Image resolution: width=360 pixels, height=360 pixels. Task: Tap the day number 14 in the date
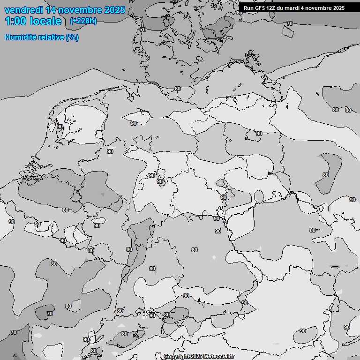pos(51,10)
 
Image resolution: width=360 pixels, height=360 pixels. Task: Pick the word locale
pos(45,21)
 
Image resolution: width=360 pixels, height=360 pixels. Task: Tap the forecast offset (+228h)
pos(83,21)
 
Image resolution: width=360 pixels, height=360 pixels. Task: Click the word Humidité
pos(20,37)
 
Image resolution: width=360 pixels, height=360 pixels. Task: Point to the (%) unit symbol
pos(72,37)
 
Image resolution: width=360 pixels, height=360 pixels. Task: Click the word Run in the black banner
pos(248,7)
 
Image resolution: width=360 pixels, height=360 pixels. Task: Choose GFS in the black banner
pos(260,7)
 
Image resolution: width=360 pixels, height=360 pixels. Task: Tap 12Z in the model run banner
pos(272,7)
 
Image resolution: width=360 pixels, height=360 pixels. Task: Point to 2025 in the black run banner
pos(339,7)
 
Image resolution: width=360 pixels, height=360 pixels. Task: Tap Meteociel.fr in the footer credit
pos(218,356)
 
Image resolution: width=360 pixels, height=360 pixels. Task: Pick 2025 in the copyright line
pos(196,356)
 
